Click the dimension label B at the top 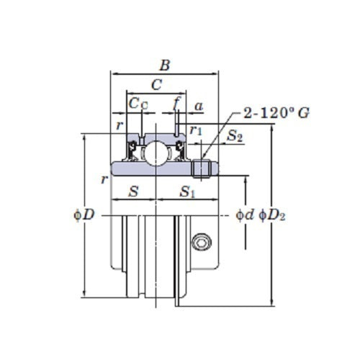point(165,66)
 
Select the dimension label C point(156,85)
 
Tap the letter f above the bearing point(176,104)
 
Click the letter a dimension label point(199,106)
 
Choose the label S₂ point(235,134)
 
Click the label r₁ point(196,130)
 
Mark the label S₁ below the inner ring point(188,192)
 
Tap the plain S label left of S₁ point(133,192)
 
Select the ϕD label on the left point(84,215)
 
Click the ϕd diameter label point(245,215)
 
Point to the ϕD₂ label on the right point(271,215)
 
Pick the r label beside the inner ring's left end point(104,179)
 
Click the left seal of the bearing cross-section point(133,150)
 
